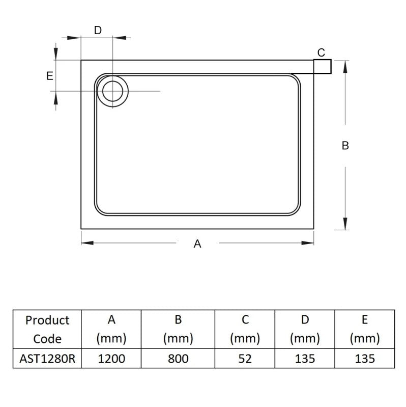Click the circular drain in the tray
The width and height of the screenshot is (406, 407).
click(112, 91)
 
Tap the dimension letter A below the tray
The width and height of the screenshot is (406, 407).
click(197, 244)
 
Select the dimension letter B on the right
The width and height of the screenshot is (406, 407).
click(345, 146)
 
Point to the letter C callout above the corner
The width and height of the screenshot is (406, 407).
click(321, 52)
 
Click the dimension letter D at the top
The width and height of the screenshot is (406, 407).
click(98, 30)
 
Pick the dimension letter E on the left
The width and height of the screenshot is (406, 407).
click(49, 76)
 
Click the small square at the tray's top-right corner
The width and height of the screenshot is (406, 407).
click(322, 67)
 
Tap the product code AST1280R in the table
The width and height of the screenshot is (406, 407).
click(47, 359)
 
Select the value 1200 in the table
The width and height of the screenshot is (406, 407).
click(111, 359)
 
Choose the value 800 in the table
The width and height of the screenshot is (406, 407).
click(178, 359)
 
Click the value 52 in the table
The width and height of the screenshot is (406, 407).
click(245, 359)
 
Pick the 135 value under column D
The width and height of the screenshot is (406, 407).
click(305, 359)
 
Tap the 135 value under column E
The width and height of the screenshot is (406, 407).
click(364, 359)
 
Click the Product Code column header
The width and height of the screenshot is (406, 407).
click(47, 329)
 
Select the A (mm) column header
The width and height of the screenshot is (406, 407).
click(111, 329)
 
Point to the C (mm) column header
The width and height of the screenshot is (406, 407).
click(245, 329)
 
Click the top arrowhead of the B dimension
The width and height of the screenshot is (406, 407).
click(345, 65)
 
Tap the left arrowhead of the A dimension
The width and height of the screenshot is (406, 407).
click(86, 242)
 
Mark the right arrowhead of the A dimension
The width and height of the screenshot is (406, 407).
click(309, 242)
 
